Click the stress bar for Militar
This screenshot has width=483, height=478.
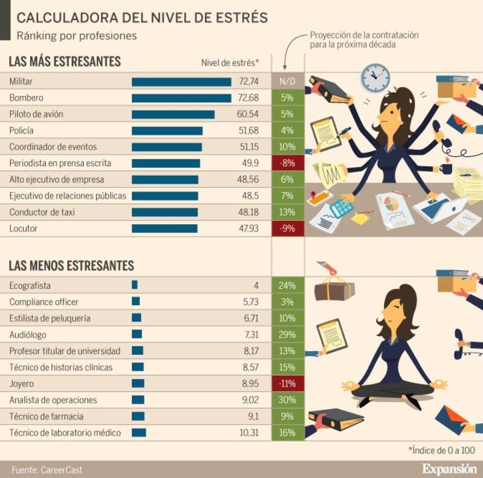tap(181, 82)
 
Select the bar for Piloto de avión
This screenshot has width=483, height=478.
tap(173, 114)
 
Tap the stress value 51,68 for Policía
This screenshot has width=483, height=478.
tap(249, 131)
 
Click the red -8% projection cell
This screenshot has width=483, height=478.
tap(287, 163)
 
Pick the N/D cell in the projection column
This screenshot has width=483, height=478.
tap(287, 82)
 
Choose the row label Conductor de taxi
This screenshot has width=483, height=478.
tap(42, 212)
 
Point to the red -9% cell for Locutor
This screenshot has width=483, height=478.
tap(287, 228)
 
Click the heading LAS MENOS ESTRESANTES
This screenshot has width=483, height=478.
tap(71, 266)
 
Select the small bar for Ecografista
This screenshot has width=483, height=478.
tap(135, 285)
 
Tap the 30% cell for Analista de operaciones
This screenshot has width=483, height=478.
tap(287, 400)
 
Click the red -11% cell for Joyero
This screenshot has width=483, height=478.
tap(287, 384)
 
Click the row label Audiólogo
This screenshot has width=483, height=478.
tap(28, 334)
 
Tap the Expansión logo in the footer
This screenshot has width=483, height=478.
tap(449, 468)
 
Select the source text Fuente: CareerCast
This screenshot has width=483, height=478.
tap(46, 469)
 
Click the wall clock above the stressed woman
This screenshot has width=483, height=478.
tap(375, 77)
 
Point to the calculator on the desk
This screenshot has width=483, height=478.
tap(341, 207)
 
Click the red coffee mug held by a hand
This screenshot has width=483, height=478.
tap(447, 168)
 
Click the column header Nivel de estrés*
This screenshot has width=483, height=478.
tap(230, 62)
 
